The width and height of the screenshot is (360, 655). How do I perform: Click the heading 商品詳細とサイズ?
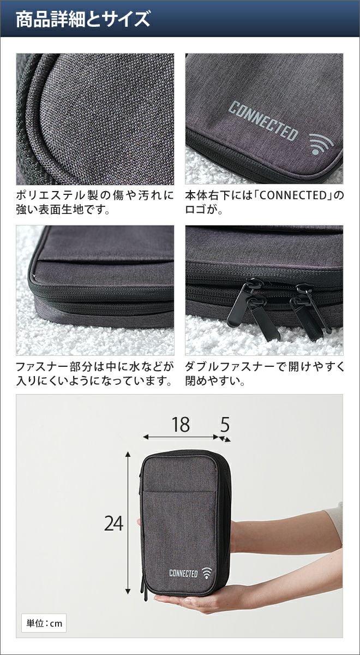pyautogui.click(x=82, y=19)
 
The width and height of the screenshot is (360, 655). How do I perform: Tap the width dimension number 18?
pyautogui.click(x=181, y=425)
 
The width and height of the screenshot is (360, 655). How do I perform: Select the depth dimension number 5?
pyautogui.click(x=225, y=425)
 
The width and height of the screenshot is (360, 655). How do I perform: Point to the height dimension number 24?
pyautogui.click(x=113, y=523)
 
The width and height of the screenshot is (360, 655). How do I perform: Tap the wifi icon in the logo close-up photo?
pyautogui.click(x=321, y=144)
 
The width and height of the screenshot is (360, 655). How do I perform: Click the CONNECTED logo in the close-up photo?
pyautogui.click(x=263, y=121)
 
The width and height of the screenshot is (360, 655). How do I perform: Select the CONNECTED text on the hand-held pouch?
pyautogui.click(x=183, y=573)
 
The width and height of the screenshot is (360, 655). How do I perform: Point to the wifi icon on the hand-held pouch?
pyautogui.click(x=207, y=573)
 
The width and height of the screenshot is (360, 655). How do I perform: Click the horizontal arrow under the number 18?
pyautogui.click(x=181, y=437)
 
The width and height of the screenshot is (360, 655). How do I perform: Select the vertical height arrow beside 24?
pyautogui.click(x=128, y=522)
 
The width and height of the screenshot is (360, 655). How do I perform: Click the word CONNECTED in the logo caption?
pyautogui.click(x=292, y=195)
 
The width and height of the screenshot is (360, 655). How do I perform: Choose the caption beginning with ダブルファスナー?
pyautogui.click(x=265, y=374)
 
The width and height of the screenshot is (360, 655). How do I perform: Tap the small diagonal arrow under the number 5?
pyautogui.click(x=225, y=439)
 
